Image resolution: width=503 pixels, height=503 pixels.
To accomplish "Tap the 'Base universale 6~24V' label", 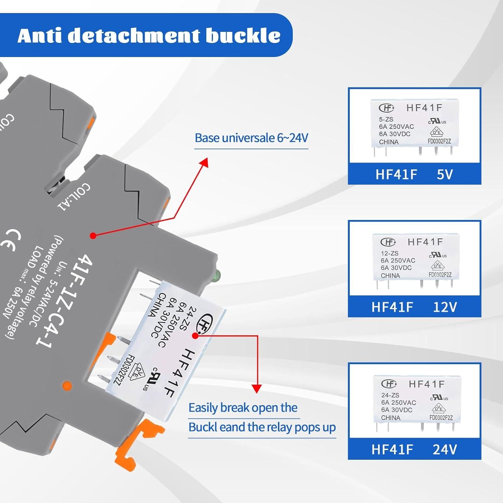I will click(251, 138).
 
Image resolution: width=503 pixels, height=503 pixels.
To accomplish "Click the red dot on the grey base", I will click(93, 236).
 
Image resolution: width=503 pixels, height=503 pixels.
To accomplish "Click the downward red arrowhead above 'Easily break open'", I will click(257, 389).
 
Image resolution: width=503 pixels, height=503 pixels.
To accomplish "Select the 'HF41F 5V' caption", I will click(414, 174).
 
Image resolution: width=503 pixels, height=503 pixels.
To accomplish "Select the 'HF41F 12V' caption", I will click(414, 307).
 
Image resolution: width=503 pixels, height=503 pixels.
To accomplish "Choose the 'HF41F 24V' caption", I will click(414, 449).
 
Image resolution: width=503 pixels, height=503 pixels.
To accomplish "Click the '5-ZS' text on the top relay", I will click(386, 119).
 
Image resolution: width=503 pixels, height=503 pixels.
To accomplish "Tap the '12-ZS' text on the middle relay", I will click(389, 253).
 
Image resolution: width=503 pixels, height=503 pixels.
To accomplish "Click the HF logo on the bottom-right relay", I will click(389, 384).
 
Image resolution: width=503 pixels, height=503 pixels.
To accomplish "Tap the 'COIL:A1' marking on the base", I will click(74, 197).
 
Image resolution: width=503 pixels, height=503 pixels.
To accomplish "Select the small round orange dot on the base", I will click(67, 386).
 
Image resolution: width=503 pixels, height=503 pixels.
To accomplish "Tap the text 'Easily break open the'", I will click(243, 408).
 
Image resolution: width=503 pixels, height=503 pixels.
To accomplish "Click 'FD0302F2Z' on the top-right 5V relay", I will click(439, 141).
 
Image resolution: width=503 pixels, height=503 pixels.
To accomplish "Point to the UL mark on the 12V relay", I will click(438, 256).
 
